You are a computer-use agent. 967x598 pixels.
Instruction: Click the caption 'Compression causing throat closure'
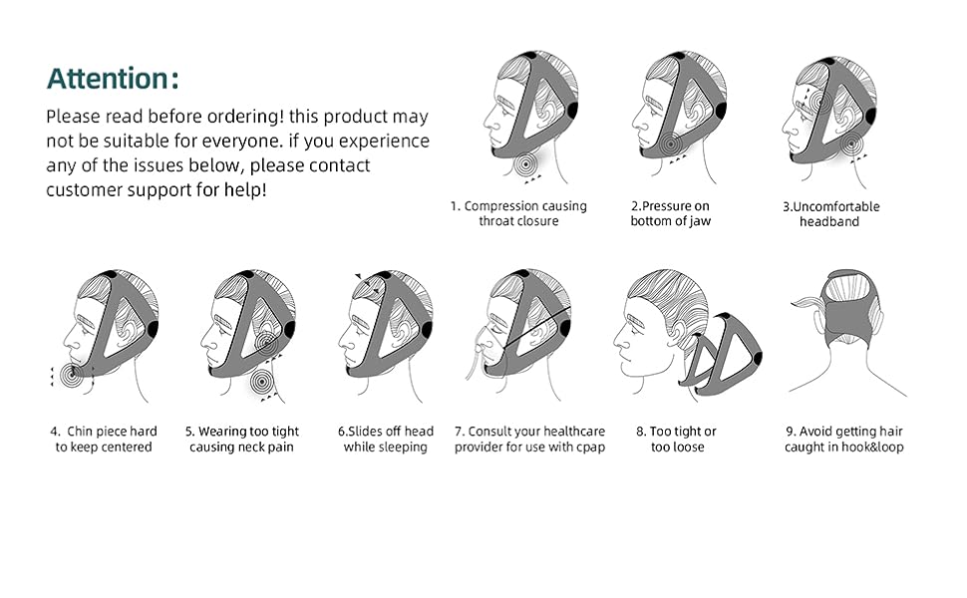pos(518,213)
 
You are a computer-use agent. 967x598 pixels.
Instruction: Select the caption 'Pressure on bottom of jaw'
pos(670,213)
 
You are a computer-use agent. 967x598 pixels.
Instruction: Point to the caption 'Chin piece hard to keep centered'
pos(104,440)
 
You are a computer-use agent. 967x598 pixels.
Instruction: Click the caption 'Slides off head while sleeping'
pos(386,440)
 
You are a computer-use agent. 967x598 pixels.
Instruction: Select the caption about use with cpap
pos(529,440)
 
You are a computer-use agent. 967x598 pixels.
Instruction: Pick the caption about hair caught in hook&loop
pos(843,440)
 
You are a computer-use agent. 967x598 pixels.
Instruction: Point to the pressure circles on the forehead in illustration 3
pos(816,101)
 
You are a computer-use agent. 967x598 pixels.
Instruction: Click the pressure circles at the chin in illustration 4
pos(70,375)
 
